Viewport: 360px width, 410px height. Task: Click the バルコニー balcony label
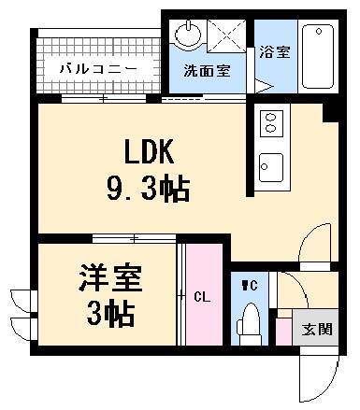(x=98, y=68)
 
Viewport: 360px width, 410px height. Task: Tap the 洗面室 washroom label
(x=207, y=71)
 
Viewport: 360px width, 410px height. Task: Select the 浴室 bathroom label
(x=275, y=52)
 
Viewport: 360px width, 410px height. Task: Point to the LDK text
(x=149, y=151)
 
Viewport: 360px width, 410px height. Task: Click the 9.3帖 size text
(x=148, y=189)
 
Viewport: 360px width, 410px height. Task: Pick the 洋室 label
(x=110, y=278)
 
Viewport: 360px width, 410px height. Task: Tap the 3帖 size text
(x=110, y=313)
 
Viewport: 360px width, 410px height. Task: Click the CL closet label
(x=202, y=297)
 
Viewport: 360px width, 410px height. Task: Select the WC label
(x=250, y=285)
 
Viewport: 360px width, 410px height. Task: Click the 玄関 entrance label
(x=317, y=329)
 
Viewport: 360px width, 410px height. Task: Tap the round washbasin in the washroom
(x=188, y=34)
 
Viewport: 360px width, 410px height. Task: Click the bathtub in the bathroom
(x=318, y=57)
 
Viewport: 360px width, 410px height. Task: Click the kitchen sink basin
(x=271, y=167)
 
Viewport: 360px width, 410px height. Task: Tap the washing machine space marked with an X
(x=226, y=35)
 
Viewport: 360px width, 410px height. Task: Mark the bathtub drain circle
(x=319, y=32)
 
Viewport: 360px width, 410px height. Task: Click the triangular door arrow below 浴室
(x=264, y=86)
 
